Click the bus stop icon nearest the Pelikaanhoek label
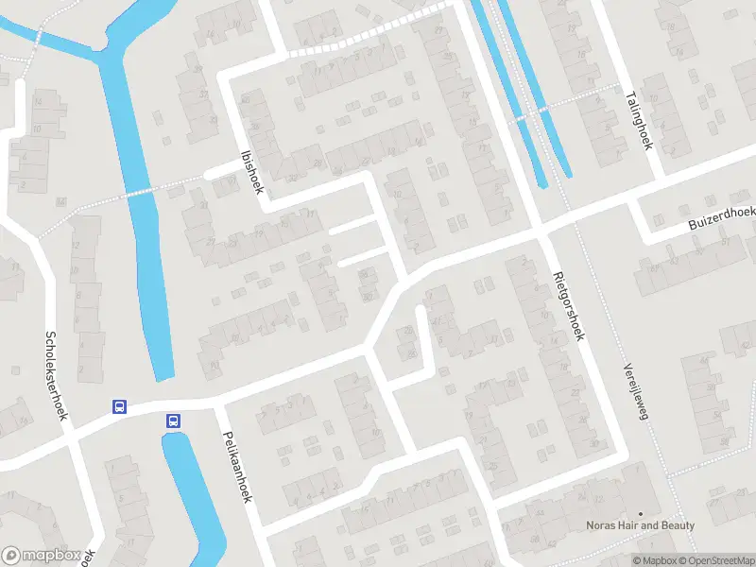pyautogui.click(x=173, y=421)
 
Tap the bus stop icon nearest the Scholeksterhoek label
pyautogui.click(x=120, y=406)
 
